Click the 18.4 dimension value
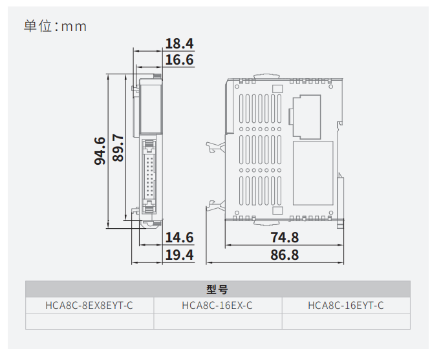[179, 43]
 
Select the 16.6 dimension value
[179, 60]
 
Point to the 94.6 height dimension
[100, 151]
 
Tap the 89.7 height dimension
[118, 148]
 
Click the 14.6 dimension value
[179, 237]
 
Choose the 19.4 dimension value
[179, 255]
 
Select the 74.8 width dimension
[285, 237]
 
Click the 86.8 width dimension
[285, 255]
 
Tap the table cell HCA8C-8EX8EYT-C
[89, 305]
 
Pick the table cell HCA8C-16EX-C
[218, 305]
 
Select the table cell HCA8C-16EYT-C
[346, 305]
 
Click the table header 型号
[217, 289]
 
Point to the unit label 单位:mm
[55, 26]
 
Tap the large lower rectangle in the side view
[313, 173]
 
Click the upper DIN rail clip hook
[215, 147]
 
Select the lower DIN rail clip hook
[216, 205]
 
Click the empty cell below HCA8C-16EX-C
[218, 321]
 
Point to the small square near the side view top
[277, 89]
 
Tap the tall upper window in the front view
[151, 108]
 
